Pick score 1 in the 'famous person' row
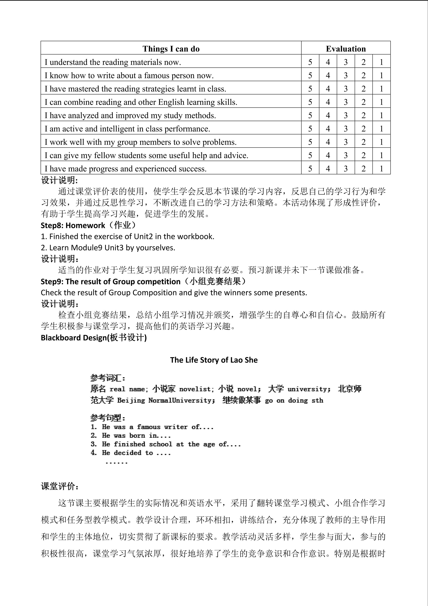click(381, 75)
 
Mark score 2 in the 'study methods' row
click(363, 115)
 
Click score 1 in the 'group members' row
click(381, 142)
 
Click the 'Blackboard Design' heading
click(93, 338)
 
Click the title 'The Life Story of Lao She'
click(214, 360)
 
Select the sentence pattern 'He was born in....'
click(131, 436)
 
